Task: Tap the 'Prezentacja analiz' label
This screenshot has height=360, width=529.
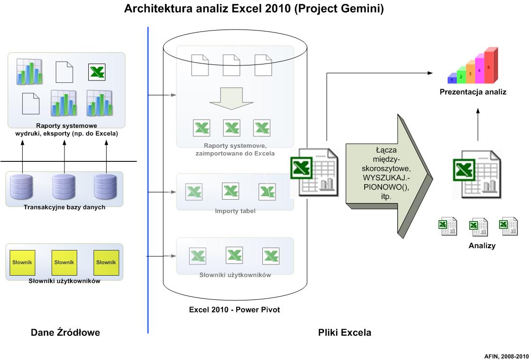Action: click(x=473, y=92)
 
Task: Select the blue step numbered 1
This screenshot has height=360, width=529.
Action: click(x=452, y=79)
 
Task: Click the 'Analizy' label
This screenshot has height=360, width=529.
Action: click(x=482, y=245)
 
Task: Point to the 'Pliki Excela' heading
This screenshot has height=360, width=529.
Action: click(x=344, y=332)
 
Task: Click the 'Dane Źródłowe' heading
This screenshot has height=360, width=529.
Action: click(x=65, y=332)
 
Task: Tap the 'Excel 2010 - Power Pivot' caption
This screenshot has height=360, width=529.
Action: click(x=235, y=310)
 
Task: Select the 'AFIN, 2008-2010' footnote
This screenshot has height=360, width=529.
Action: click(x=506, y=356)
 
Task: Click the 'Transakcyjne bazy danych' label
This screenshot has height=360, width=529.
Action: click(x=64, y=207)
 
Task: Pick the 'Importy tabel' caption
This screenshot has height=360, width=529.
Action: click(x=235, y=211)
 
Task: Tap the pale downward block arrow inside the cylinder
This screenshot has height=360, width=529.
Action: click(x=231, y=98)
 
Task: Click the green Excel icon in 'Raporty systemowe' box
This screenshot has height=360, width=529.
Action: click(x=97, y=72)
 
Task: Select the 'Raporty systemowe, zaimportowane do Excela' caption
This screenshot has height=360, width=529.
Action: click(x=235, y=150)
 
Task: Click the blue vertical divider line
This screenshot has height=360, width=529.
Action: click(x=148, y=180)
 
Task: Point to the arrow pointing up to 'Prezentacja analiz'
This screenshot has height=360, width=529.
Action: click(x=478, y=125)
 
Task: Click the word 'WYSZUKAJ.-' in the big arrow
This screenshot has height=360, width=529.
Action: click(x=386, y=177)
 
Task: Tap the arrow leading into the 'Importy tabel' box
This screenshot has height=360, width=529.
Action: click(x=162, y=192)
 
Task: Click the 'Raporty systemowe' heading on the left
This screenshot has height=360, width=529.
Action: click(x=66, y=125)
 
